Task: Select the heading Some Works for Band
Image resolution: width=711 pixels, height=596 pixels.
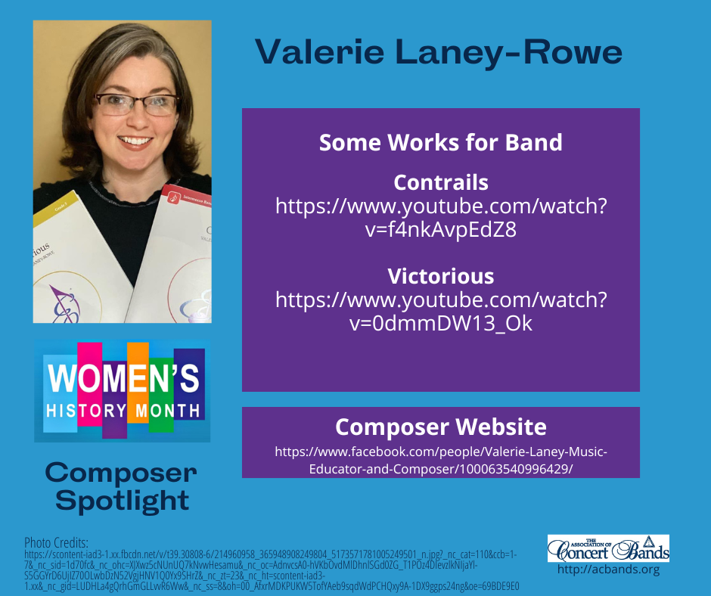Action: (440, 142)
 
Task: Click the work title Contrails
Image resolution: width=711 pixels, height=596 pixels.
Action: (440, 182)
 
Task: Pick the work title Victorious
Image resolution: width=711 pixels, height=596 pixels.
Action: (440, 275)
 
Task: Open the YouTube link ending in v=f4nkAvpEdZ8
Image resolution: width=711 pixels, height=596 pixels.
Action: (440, 218)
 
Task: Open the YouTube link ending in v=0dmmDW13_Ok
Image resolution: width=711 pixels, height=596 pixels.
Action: (440, 311)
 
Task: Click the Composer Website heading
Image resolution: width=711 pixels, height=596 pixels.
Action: (440, 427)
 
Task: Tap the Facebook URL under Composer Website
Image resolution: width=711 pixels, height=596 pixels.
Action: (440, 460)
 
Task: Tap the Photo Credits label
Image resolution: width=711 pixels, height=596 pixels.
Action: (56, 542)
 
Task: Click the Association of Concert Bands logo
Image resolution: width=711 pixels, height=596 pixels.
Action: (608, 548)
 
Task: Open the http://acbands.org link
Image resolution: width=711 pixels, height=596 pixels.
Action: (608, 570)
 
